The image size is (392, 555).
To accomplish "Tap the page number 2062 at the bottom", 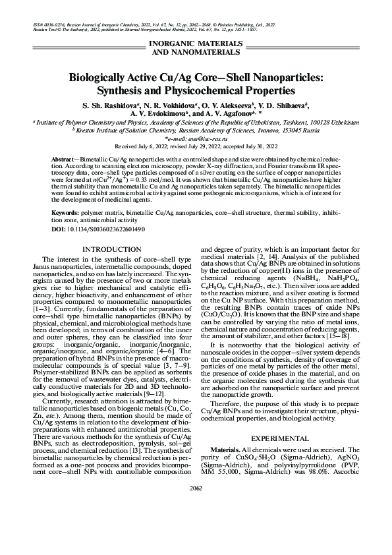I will click(196, 507).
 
